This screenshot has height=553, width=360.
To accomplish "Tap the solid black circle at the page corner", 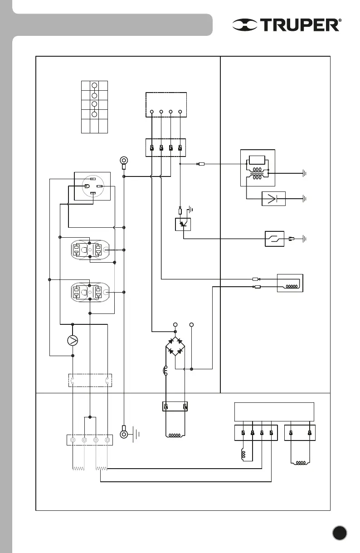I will pyautogui.click(x=340, y=533).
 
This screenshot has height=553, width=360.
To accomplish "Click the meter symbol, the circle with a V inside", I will pyautogui.click(x=72, y=340).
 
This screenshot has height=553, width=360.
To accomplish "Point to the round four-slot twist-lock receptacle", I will pyautogui.click(x=92, y=186).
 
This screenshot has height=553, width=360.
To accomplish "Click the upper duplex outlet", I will pyautogui.click(x=90, y=250).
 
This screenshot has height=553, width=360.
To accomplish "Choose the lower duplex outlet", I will pyautogui.click(x=90, y=292).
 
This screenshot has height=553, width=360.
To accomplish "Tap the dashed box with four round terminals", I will pyautogui.click(x=166, y=105).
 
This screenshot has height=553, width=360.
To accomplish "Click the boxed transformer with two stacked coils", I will pyautogui.click(x=257, y=167).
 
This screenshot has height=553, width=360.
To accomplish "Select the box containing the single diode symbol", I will pyautogui.click(x=274, y=199).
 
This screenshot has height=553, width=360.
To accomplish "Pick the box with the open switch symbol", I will pyautogui.click(x=275, y=238).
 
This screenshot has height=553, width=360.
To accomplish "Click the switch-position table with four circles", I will pyautogui.click(x=94, y=107).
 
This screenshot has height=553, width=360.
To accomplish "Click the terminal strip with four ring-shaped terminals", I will pyautogui.click(x=90, y=440).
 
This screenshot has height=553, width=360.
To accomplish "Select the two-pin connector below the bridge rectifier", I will pyautogui.click(x=175, y=406).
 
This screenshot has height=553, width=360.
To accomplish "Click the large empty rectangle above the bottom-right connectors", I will pyautogui.click(x=274, y=411).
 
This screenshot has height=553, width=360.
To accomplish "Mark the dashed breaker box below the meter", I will pyautogui.click(x=90, y=380).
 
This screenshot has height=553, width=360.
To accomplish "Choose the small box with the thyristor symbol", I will pyautogui.click(x=183, y=224).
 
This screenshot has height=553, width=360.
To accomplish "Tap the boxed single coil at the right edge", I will pyautogui.click(x=290, y=283).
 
